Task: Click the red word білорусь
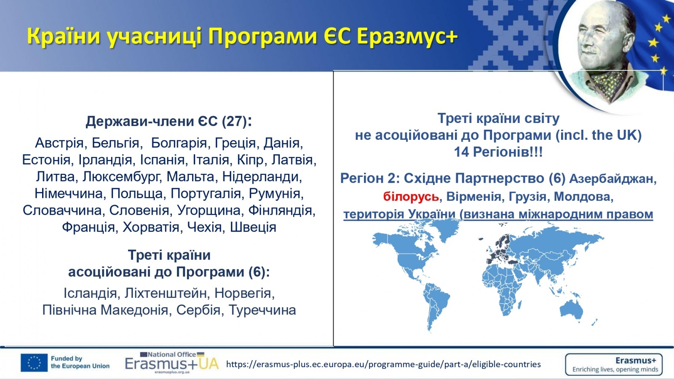(411, 197)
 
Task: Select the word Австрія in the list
(59, 143)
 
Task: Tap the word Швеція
(253, 227)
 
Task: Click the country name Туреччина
(262, 310)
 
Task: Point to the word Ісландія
(90, 293)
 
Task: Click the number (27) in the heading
(234, 122)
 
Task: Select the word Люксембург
(120, 177)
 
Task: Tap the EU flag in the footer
(34, 363)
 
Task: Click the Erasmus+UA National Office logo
(172, 363)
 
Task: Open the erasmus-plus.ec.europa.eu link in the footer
(383, 364)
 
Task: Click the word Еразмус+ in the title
(407, 37)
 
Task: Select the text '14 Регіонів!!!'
(498, 152)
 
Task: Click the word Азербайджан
(613, 179)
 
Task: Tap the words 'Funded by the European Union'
(80, 363)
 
